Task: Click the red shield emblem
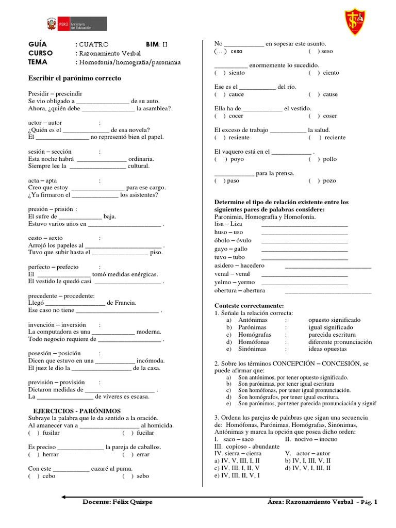[x=355, y=21]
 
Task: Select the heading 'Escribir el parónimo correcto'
[x=74, y=78]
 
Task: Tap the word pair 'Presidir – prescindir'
[x=55, y=93]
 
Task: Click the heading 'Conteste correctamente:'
[x=249, y=305]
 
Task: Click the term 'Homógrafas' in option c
[x=255, y=335]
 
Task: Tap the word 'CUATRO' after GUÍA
[x=94, y=44]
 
